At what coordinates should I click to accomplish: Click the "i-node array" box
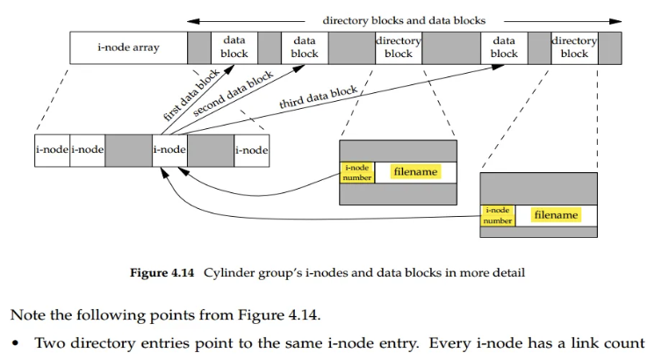point(128,47)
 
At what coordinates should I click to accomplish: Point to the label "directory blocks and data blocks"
point(404,20)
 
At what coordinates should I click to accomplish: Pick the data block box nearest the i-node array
point(234,47)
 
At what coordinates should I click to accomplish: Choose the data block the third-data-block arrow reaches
point(504,47)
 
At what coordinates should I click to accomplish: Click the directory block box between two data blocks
point(398,47)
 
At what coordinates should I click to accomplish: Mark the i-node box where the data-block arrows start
point(169,150)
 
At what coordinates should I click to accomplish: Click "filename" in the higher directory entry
point(415,172)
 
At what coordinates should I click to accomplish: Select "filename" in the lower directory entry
point(556,215)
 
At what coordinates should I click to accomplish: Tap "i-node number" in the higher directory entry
point(357,172)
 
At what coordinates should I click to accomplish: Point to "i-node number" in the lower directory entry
point(497,215)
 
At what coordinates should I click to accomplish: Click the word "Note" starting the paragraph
point(26,313)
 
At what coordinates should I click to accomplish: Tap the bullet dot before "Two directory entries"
point(15,342)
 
